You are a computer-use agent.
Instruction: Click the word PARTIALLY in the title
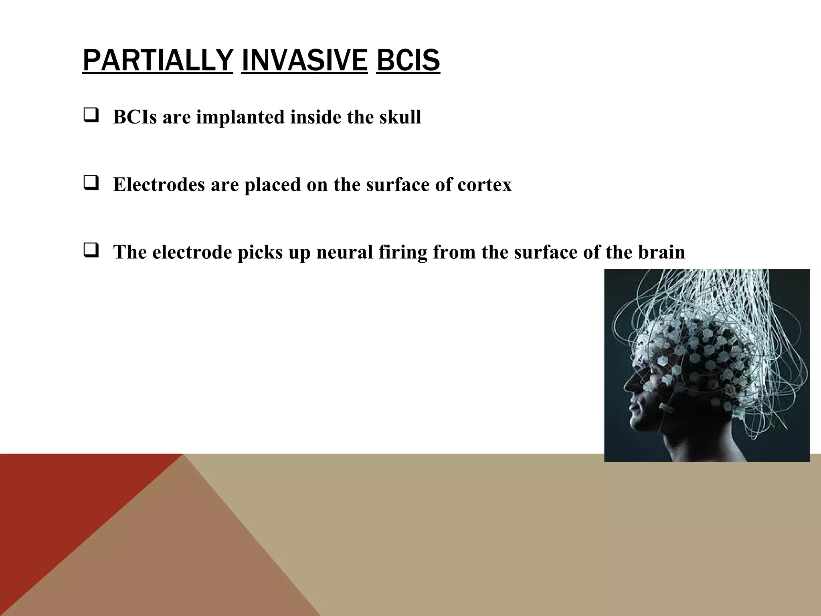pyautogui.click(x=158, y=60)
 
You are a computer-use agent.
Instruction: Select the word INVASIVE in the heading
pyautogui.click(x=305, y=60)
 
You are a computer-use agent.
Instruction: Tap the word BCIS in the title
pyautogui.click(x=408, y=60)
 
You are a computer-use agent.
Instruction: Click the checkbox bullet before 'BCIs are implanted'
pyautogui.click(x=91, y=116)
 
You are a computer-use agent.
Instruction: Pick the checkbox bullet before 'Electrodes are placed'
pyautogui.click(x=91, y=184)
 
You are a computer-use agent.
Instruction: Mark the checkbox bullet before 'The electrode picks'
pyautogui.click(x=91, y=251)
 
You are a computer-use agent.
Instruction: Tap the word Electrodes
pyautogui.click(x=159, y=184)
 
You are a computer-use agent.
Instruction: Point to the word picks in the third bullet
pyautogui.click(x=260, y=252)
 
